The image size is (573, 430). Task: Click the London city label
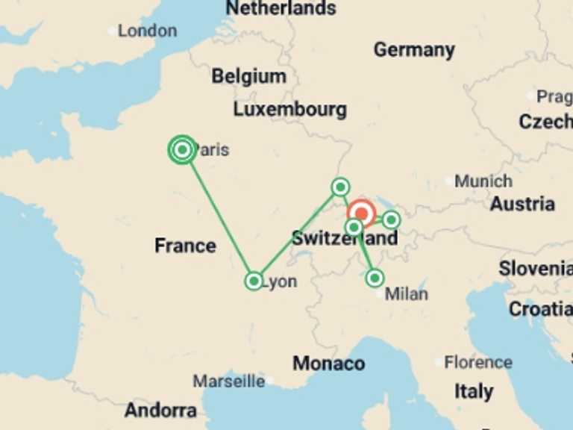click(147, 31)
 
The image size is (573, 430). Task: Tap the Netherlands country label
click(281, 8)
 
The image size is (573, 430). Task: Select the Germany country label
click(414, 50)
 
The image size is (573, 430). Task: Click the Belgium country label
click(248, 76)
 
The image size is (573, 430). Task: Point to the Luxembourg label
click(289, 109)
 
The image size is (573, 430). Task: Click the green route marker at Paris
click(182, 149)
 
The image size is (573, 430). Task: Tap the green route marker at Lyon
click(254, 281)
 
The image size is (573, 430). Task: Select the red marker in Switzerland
click(361, 214)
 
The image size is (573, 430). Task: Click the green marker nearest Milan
click(375, 278)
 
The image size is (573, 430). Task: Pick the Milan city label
click(407, 293)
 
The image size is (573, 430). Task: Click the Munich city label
click(483, 181)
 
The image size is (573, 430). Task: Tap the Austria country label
click(522, 204)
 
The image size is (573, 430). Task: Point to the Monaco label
click(328, 364)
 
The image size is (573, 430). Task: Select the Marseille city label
click(229, 381)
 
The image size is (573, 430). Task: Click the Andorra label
click(160, 410)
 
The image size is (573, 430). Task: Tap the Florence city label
click(478, 363)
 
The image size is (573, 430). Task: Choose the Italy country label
click(474, 391)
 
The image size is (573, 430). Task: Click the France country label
click(185, 246)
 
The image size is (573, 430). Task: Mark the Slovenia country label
click(535, 269)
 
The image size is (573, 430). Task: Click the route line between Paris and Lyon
click(218, 215)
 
